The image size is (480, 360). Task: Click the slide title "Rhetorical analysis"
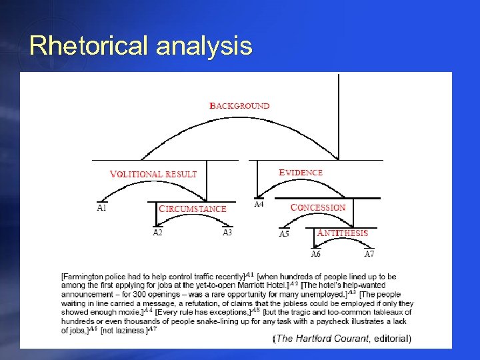(x=141, y=45)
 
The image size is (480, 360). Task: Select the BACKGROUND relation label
(x=240, y=105)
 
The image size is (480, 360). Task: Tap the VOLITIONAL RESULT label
(x=153, y=174)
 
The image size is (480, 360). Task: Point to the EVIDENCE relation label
(x=300, y=172)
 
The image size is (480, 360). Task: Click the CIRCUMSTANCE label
(x=193, y=209)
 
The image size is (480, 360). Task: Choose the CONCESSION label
(x=318, y=207)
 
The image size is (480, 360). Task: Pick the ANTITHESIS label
(x=342, y=233)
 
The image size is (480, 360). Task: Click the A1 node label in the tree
(x=101, y=207)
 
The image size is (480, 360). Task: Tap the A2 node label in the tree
(x=157, y=233)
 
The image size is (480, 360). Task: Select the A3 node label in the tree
(x=227, y=233)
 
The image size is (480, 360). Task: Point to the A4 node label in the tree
(x=259, y=204)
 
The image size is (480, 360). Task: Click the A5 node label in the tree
(x=284, y=233)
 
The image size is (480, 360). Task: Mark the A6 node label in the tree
(x=316, y=253)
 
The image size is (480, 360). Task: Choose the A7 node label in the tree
(x=369, y=253)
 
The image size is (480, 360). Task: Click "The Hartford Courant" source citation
(x=323, y=339)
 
